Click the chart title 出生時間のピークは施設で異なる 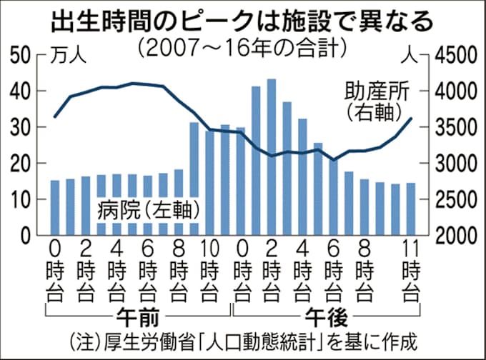click(x=242, y=19)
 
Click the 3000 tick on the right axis click(x=452, y=164)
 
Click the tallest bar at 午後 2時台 click(x=271, y=157)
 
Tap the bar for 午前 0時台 click(x=55, y=207)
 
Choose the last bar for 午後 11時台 click(x=410, y=209)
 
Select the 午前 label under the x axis click(x=135, y=315)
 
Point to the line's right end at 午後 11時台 click(x=411, y=119)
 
